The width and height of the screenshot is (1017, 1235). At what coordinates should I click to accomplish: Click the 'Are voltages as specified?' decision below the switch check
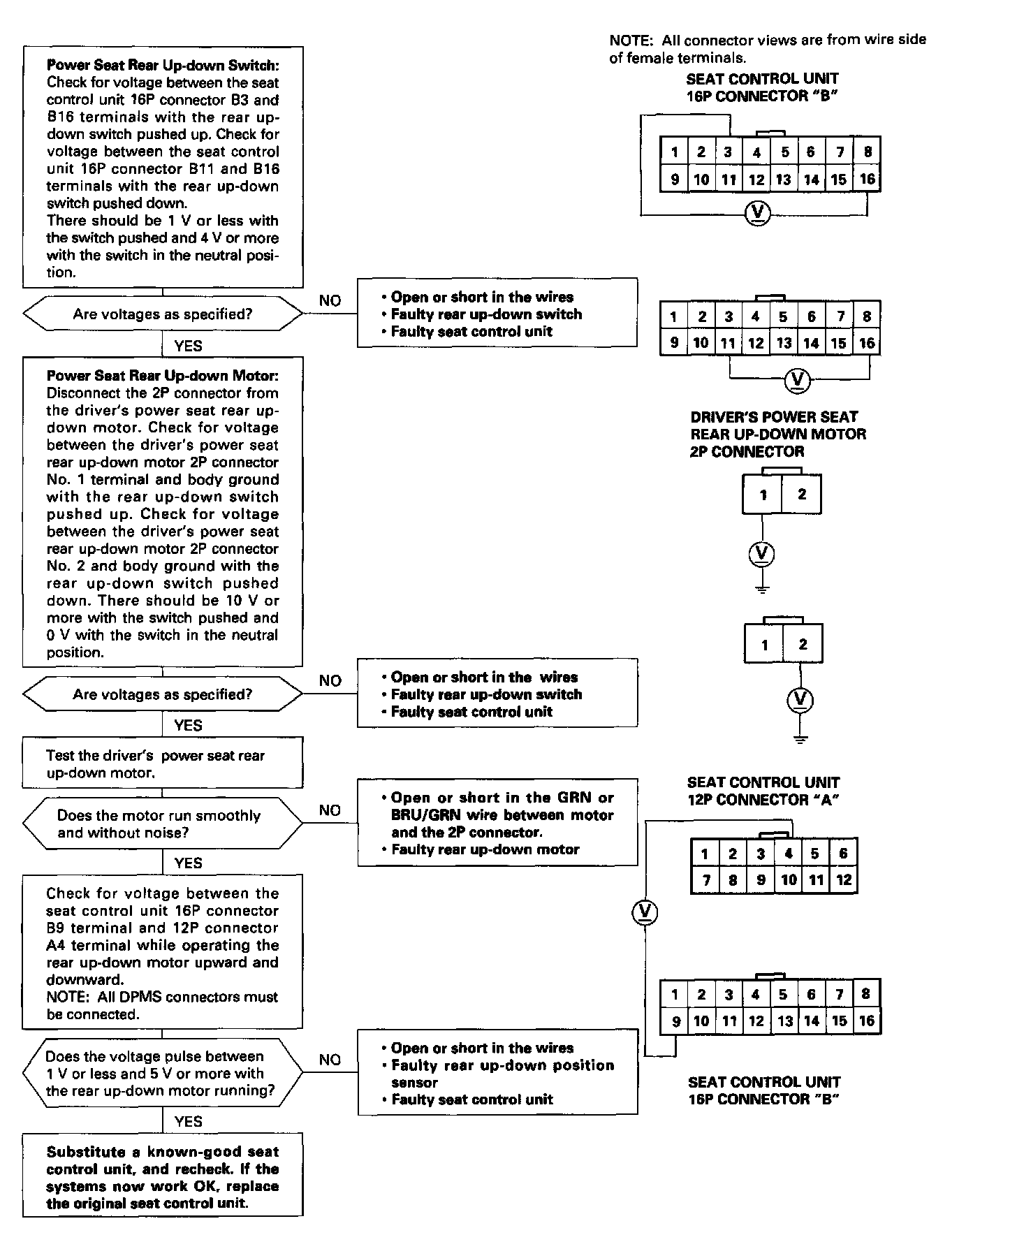(163, 314)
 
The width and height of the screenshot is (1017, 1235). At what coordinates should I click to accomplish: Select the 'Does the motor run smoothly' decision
(163, 824)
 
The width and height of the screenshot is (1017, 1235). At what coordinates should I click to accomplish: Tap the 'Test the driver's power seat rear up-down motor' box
(163, 764)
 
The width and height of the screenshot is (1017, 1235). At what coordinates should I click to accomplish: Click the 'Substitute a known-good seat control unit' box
(163, 1178)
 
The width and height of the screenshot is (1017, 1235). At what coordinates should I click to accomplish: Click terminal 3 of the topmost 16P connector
(728, 152)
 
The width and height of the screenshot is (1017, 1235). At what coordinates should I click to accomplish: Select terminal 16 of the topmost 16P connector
(867, 179)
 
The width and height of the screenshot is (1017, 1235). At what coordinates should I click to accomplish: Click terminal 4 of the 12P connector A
(788, 854)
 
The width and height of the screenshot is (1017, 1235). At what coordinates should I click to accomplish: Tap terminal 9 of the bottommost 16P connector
(675, 1021)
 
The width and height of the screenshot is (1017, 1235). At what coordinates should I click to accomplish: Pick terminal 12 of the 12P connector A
(844, 880)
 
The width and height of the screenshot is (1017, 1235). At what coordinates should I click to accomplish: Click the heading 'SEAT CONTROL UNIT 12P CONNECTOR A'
(763, 791)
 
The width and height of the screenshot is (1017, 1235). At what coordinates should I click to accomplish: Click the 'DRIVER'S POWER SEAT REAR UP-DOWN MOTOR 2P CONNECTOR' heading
(777, 434)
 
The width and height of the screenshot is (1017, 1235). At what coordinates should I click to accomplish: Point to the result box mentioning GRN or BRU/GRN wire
(497, 823)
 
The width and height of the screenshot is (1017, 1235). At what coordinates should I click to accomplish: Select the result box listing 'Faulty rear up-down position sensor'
(497, 1074)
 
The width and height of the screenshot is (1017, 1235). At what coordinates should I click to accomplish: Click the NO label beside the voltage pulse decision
(330, 1060)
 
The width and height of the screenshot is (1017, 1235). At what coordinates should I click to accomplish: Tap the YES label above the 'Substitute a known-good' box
(188, 1122)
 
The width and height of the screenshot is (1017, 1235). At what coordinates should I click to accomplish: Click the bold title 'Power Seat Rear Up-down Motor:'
(162, 376)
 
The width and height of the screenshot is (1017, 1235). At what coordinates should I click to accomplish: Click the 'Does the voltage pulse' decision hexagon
(163, 1074)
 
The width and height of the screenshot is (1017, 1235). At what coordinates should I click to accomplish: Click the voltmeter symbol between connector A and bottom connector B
(645, 912)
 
